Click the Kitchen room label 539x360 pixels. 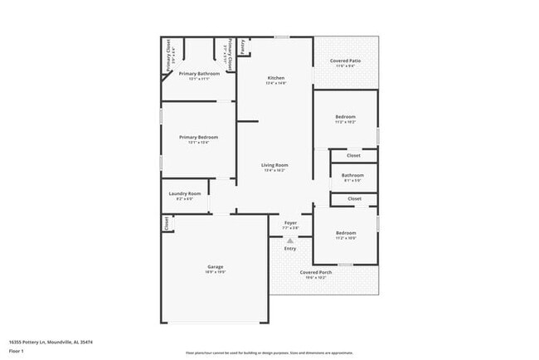pyautogui.click(x=275, y=78)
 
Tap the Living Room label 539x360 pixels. pyautogui.click(x=274, y=165)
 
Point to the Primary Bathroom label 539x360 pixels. pyautogui.click(x=199, y=74)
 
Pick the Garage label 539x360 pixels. pyautogui.click(x=216, y=266)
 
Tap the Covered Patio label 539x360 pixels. pyautogui.click(x=345, y=61)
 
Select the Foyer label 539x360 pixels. pyautogui.click(x=290, y=222)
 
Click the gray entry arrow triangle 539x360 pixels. pyautogui.click(x=290, y=240)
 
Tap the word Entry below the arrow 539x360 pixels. pyautogui.click(x=290, y=249)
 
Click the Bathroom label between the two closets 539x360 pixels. pyautogui.click(x=353, y=175)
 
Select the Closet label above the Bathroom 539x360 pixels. pyautogui.click(x=353, y=155)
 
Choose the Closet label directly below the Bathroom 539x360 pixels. pyautogui.click(x=354, y=199)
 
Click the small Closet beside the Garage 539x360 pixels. pyautogui.click(x=166, y=223)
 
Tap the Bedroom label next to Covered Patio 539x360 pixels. pyautogui.click(x=345, y=117)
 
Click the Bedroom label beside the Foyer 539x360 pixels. pyautogui.click(x=345, y=233)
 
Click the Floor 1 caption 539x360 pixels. pyautogui.click(x=17, y=350)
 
